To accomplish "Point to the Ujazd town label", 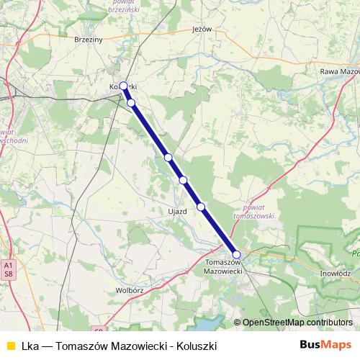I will tap(177, 212).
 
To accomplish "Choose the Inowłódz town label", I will tap(335, 274).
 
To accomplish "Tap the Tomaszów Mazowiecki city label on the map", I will tap(225, 266).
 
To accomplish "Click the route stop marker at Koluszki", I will tap(123, 86).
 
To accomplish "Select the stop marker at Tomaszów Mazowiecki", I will tap(236, 254).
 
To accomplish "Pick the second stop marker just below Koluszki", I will tap(131, 103).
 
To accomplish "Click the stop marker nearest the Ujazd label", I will tap(201, 207).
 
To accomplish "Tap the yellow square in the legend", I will tap(10, 346).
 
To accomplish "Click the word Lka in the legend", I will tap(30, 346).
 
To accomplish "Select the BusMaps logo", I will tap(325, 346).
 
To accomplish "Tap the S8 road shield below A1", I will tap(8, 274).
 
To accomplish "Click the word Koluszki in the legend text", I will tap(197, 346).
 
